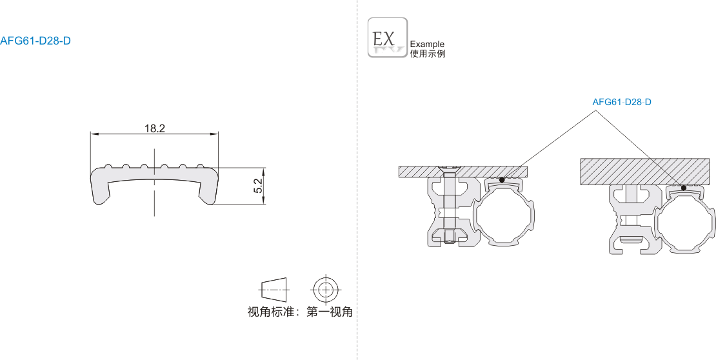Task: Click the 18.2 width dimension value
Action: (154, 128)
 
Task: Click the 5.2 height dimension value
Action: (258, 185)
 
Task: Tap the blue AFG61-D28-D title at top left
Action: (35, 41)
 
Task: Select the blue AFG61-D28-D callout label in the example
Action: (621, 102)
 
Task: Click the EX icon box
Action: (388, 37)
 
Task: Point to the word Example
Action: (427, 44)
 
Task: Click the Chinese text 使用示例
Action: (428, 54)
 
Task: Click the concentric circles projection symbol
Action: (325, 289)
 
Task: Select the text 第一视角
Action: (330, 312)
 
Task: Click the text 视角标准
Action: (270, 312)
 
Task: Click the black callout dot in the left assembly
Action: (502, 180)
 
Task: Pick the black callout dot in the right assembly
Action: (684, 188)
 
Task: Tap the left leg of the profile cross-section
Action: (101, 191)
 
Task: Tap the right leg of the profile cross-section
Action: (208, 191)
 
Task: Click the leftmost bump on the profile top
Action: (108, 166)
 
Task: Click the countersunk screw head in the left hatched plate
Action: (448, 170)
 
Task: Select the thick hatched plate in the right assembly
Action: (645, 172)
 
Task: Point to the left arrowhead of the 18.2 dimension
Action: (94, 134)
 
